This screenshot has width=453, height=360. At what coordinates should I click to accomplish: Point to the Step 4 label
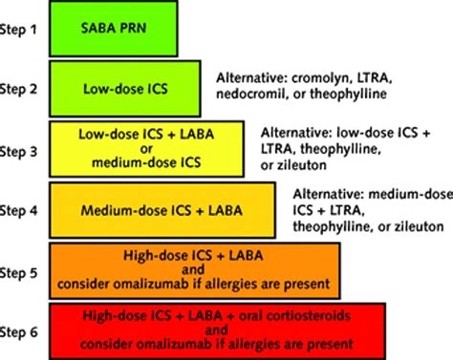pos(25,207)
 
